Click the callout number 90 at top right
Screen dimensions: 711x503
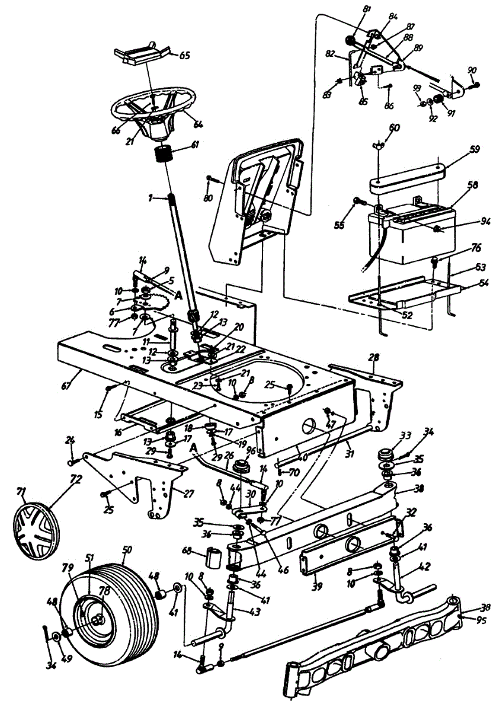click(472, 71)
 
